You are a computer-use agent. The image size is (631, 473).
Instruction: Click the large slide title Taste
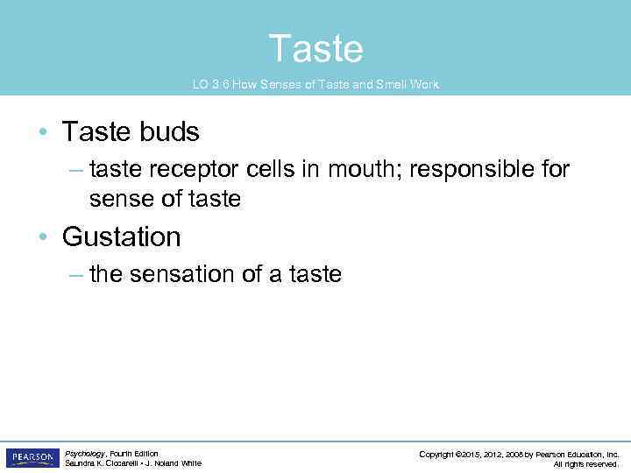[315, 48]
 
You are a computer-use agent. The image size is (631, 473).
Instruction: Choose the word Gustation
[121, 237]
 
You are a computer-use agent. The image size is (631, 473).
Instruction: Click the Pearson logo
[32, 458]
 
